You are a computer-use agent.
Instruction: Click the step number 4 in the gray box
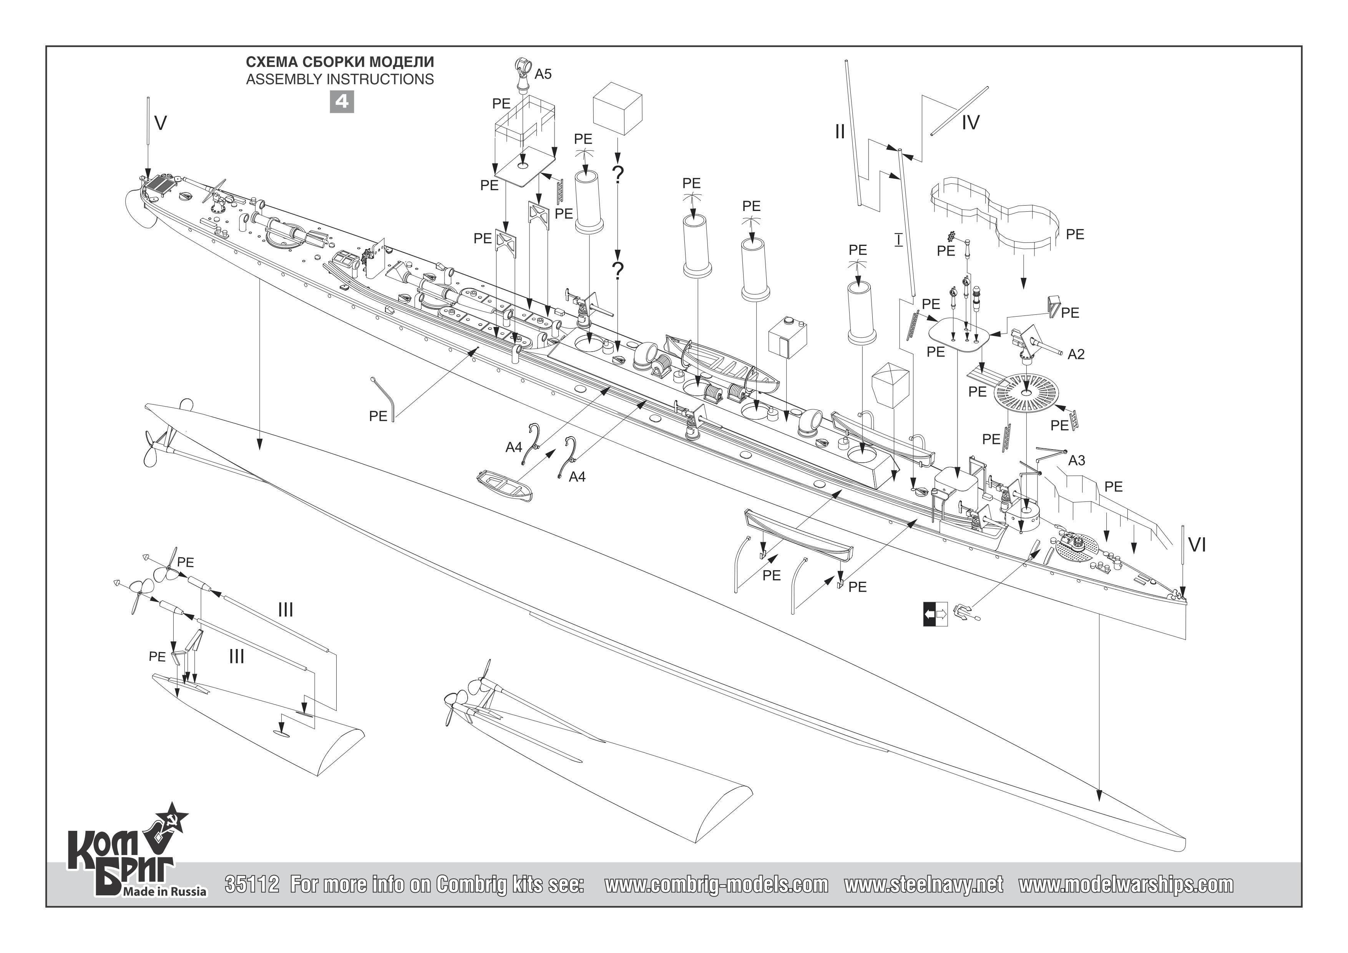(x=341, y=101)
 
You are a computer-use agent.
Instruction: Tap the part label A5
(x=543, y=74)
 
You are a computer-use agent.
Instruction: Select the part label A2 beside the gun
(x=1076, y=354)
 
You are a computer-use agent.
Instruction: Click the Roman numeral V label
(x=160, y=123)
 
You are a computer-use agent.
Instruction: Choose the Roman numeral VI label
(x=1197, y=546)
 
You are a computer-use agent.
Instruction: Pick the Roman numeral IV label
(x=970, y=123)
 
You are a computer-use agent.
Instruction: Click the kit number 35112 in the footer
(x=252, y=884)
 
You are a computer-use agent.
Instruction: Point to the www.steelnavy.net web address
(x=923, y=884)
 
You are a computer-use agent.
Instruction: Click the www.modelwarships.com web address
(x=1126, y=884)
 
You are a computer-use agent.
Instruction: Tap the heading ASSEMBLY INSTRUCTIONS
(x=340, y=79)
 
